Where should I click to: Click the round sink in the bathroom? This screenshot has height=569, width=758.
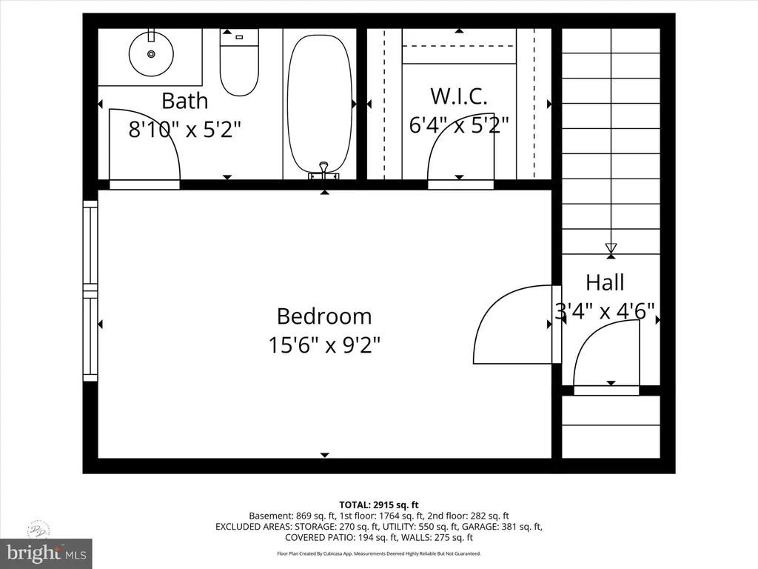pyautogui.click(x=151, y=53)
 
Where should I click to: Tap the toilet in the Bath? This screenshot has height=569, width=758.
pyautogui.click(x=239, y=62)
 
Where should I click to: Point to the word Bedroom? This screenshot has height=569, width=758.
pyautogui.click(x=324, y=316)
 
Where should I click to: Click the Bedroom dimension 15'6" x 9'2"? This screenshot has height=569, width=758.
pyautogui.click(x=324, y=345)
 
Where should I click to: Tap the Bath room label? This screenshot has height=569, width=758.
pyautogui.click(x=184, y=101)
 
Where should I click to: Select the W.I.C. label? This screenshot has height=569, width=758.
pyautogui.click(x=459, y=96)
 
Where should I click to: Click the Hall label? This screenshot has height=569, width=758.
pyautogui.click(x=605, y=282)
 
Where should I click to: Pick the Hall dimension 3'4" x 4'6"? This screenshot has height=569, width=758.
pyautogui.click(x=605, y=310)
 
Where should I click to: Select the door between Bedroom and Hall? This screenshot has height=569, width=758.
pyautogui.click(x=517, y=324)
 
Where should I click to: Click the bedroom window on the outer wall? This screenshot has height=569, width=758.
pyautogui.click(x=90, y=290)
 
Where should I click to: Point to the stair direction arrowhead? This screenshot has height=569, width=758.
pyautogui.click(x=611, y=249)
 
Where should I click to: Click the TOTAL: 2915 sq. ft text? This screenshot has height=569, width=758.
pyautogui.click(x=379, y=505)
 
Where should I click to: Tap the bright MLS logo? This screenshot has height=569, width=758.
pyautogui.click(x=47, y=552)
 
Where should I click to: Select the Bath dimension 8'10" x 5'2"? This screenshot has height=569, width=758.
pyautogui.click(x=184, y=129)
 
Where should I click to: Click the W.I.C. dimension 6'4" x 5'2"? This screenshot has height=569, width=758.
pyautogui.click(x=459, y=124)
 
